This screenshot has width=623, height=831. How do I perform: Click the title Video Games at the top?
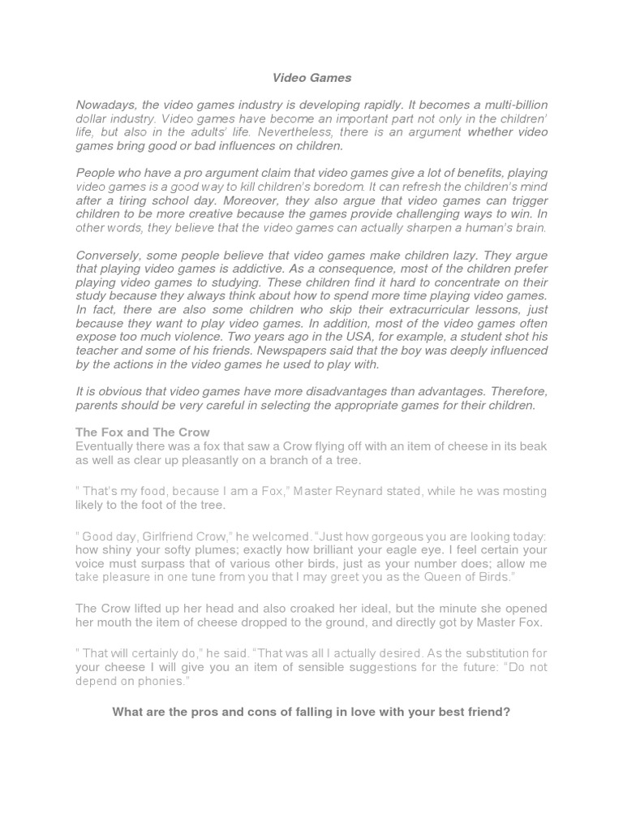(311, 78)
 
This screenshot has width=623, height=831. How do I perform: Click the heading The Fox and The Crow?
(143, 433)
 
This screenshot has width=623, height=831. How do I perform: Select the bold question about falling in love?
(311, 713)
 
